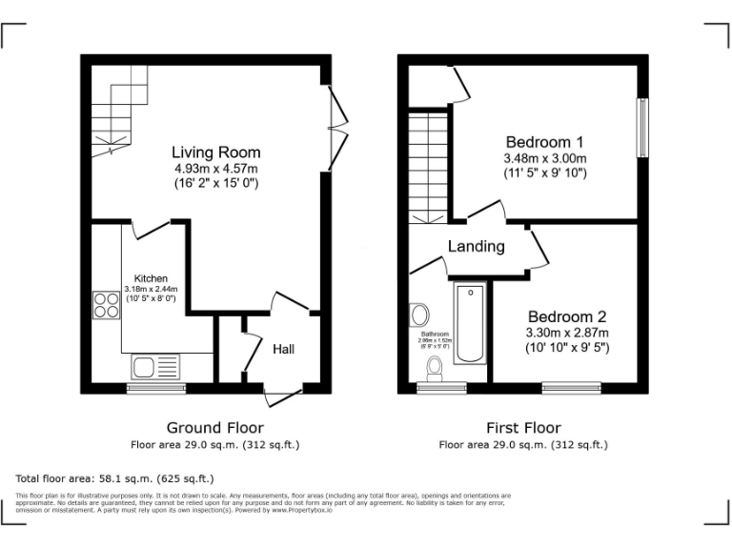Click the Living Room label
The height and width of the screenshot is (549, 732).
tap(215, 152)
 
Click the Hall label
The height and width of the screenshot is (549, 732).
tap(283, 350)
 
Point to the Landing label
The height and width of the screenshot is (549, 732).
tap(477, 247)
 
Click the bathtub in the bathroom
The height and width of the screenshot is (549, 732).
tap(471, 323)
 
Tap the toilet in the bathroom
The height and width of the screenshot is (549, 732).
tap(437, 366)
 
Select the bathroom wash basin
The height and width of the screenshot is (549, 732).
tap(419, 315)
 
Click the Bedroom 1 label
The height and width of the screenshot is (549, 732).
tap(544, 142)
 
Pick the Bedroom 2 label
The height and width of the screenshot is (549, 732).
tap(567, 316)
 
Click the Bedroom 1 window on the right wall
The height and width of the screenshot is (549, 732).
tap(642, 128)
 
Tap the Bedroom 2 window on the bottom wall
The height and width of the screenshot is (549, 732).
tap(571, 387)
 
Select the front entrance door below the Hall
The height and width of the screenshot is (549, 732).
tap(284, 396)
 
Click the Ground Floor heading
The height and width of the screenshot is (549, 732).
tap(215, 428)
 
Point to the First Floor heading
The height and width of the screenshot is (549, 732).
tap(522, 428)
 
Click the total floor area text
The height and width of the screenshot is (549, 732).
tap(114, 478)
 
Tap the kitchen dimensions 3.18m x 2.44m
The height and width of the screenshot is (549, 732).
tap(151, 289)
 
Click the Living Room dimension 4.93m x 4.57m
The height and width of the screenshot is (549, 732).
tap(215, 168)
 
